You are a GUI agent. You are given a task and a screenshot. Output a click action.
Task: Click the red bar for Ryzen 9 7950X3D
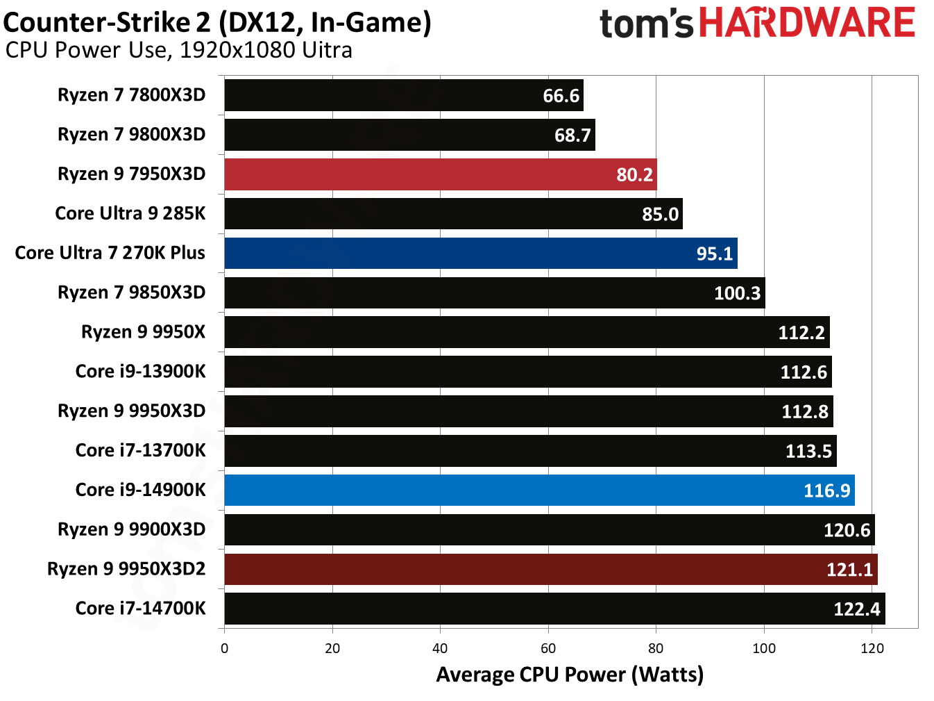(440, 174)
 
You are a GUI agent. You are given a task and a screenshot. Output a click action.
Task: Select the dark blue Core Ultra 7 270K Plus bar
(480, 254)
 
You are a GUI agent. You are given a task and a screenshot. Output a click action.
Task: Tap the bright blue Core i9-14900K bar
(539, 490)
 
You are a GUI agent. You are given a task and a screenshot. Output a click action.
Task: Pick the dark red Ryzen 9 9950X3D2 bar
(550, 570)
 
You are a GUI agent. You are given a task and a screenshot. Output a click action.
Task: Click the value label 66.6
(561, 96)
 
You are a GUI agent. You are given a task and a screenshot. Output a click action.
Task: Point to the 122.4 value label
(856, 609)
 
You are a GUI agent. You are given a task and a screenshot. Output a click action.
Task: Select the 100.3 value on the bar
(737, 293)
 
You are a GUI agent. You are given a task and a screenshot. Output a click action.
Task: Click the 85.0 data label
(660, 214)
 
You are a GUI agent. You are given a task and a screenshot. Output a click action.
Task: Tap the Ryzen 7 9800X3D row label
(131, 135)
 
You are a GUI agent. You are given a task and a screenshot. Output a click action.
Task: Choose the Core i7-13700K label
(140, 451)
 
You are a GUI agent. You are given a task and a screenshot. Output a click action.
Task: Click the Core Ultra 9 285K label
(130, 213)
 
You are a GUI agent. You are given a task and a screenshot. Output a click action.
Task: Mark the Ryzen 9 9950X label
(143, 332)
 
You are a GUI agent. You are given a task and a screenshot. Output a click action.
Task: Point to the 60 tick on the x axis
(548, 648)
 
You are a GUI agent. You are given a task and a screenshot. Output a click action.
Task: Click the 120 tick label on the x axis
(872, 648)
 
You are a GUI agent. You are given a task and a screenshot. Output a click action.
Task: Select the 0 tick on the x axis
(224, 648)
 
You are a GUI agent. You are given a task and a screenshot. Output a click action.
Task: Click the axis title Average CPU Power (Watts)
(569, 675)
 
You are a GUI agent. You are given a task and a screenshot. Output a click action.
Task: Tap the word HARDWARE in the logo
(806, 23)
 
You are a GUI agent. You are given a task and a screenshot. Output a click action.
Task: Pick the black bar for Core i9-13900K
(527, 372)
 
